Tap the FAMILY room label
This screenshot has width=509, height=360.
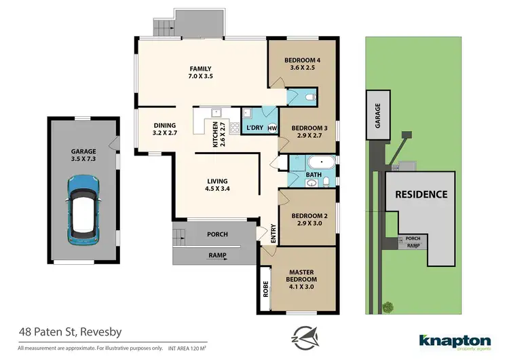point(201,72)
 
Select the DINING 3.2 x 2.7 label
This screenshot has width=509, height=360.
point(165,128)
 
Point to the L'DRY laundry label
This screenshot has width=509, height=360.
point(255,128)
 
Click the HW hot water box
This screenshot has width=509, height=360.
point(272,128)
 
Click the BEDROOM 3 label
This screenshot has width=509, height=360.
point(309,131)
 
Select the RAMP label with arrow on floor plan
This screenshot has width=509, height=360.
point(218,256)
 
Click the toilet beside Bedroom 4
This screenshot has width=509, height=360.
point(309,98)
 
